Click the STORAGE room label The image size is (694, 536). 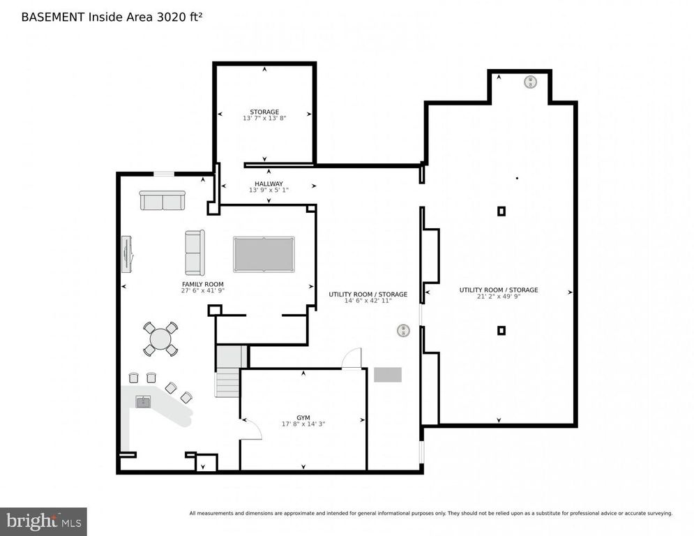(x=264, y=112)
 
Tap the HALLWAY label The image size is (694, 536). (x=269, y=184)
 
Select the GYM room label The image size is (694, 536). (x=303, y=418)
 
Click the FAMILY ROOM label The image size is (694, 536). (x=203, y=284)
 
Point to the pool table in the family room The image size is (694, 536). (x=264, y=254)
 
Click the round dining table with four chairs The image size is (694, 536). (x=160, y=339)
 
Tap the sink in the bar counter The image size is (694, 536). (x=143, y=402)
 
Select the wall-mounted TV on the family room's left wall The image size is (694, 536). (x=126, y=254)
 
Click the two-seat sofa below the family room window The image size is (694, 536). (x=163, y=200)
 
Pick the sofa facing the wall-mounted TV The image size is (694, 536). (x=195, y=253)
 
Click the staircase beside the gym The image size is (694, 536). (x=229, y=371)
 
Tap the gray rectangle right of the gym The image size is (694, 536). (x=388, y=375)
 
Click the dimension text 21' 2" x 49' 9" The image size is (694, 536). (x=499, y=297)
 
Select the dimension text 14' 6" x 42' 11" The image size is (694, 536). (x=368, y=301)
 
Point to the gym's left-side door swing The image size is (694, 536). (x=251, y=429)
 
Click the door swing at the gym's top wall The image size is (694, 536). (x=352, y=358)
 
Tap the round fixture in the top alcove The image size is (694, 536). (x=530, y=82)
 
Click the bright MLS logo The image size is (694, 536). (x=43, y=521)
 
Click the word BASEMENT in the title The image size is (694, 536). (x=53, y=17)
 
